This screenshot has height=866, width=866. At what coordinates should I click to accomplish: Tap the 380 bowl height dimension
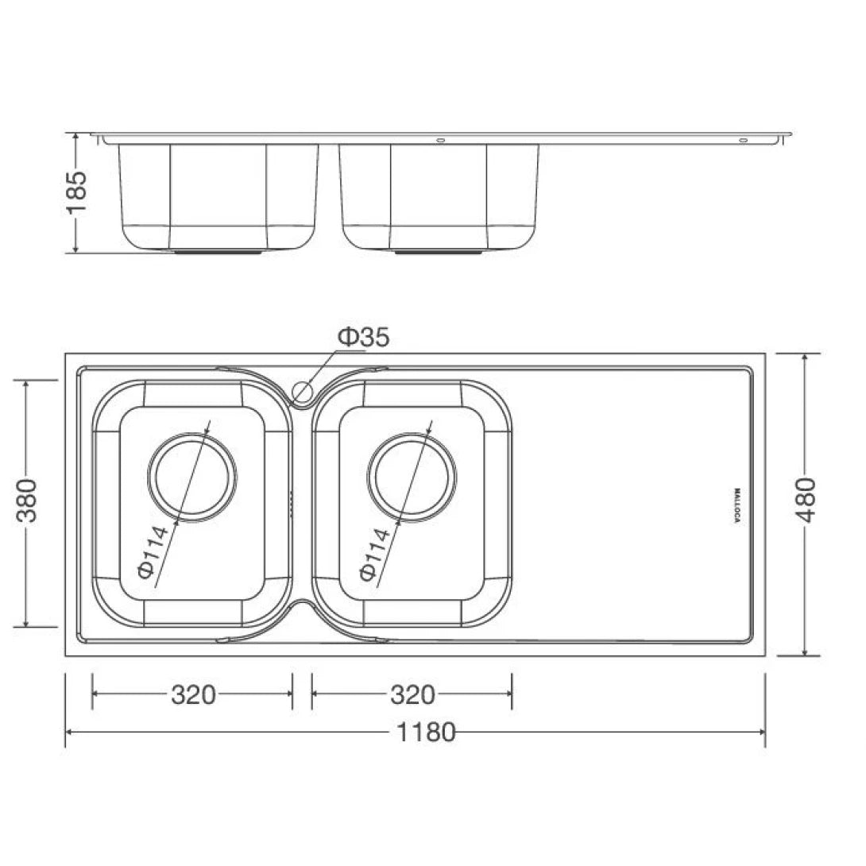pos(29,501)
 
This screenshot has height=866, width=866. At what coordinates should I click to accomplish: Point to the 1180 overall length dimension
pos(427,732)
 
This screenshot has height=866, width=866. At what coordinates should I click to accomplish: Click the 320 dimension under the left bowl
pos(193,694)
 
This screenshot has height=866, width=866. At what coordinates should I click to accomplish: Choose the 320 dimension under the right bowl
pos(412,694)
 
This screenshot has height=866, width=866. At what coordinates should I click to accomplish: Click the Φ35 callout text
pos(364,337)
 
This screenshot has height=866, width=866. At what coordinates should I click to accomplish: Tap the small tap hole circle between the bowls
pos(302,390)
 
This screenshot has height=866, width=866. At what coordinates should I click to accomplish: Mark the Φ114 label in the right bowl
pos(373,554)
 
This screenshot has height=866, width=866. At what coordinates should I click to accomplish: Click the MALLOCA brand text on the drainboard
pos(737,505)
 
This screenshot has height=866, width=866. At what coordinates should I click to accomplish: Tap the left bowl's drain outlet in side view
pos(216,252)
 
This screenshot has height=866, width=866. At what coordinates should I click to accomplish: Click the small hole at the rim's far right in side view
pos(743,141)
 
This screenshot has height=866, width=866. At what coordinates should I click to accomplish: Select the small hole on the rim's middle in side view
pos(440,141)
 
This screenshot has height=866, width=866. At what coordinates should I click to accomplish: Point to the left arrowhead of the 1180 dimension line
pos(69,732)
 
